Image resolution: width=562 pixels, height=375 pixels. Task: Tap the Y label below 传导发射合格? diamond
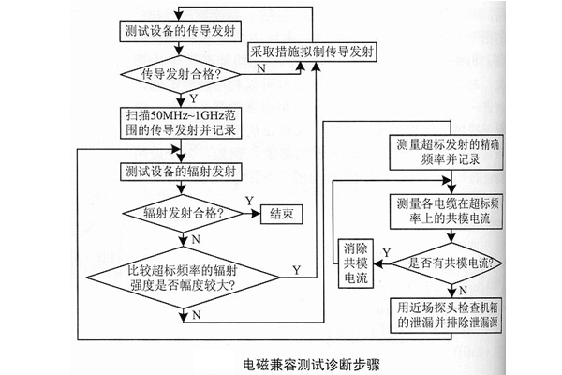tap(193, 96)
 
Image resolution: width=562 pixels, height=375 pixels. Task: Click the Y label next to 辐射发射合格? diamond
tap(248, 202)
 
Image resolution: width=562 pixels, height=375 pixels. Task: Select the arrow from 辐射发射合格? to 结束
tap(249, 214)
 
